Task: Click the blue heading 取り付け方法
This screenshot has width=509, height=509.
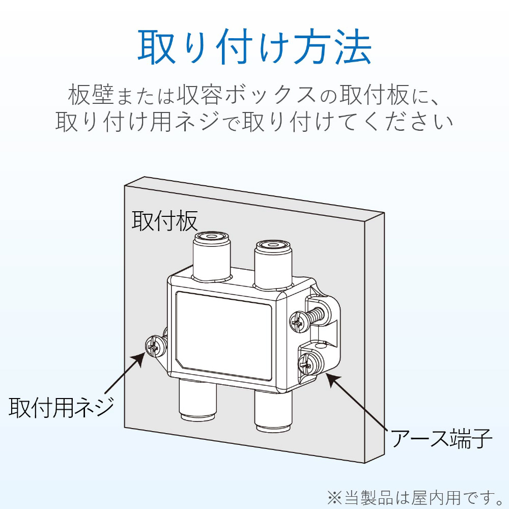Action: tap(254, 47)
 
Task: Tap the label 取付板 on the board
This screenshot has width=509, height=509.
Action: tap(164, 220)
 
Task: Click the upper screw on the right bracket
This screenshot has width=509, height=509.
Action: tap(299, 320)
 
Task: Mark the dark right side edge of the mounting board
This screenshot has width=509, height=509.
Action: tap(375, 336)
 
